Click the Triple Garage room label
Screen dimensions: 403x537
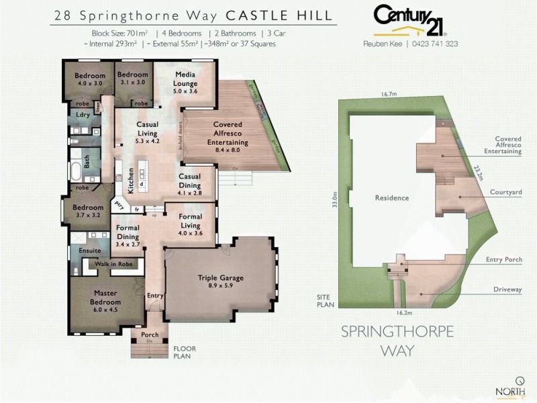(x=220, y=277)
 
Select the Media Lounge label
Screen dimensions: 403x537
(x=185, y=78)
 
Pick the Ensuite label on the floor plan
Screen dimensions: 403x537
(x=89, y=251)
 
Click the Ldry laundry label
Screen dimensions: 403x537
(x=83, y=115)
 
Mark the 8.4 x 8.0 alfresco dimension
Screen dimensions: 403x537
(x=231, y=151)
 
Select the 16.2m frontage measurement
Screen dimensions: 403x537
(x=403, y=312)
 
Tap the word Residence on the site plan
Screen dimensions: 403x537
(x=392, y=199)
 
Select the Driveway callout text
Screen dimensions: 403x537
(x=507, y=290)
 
